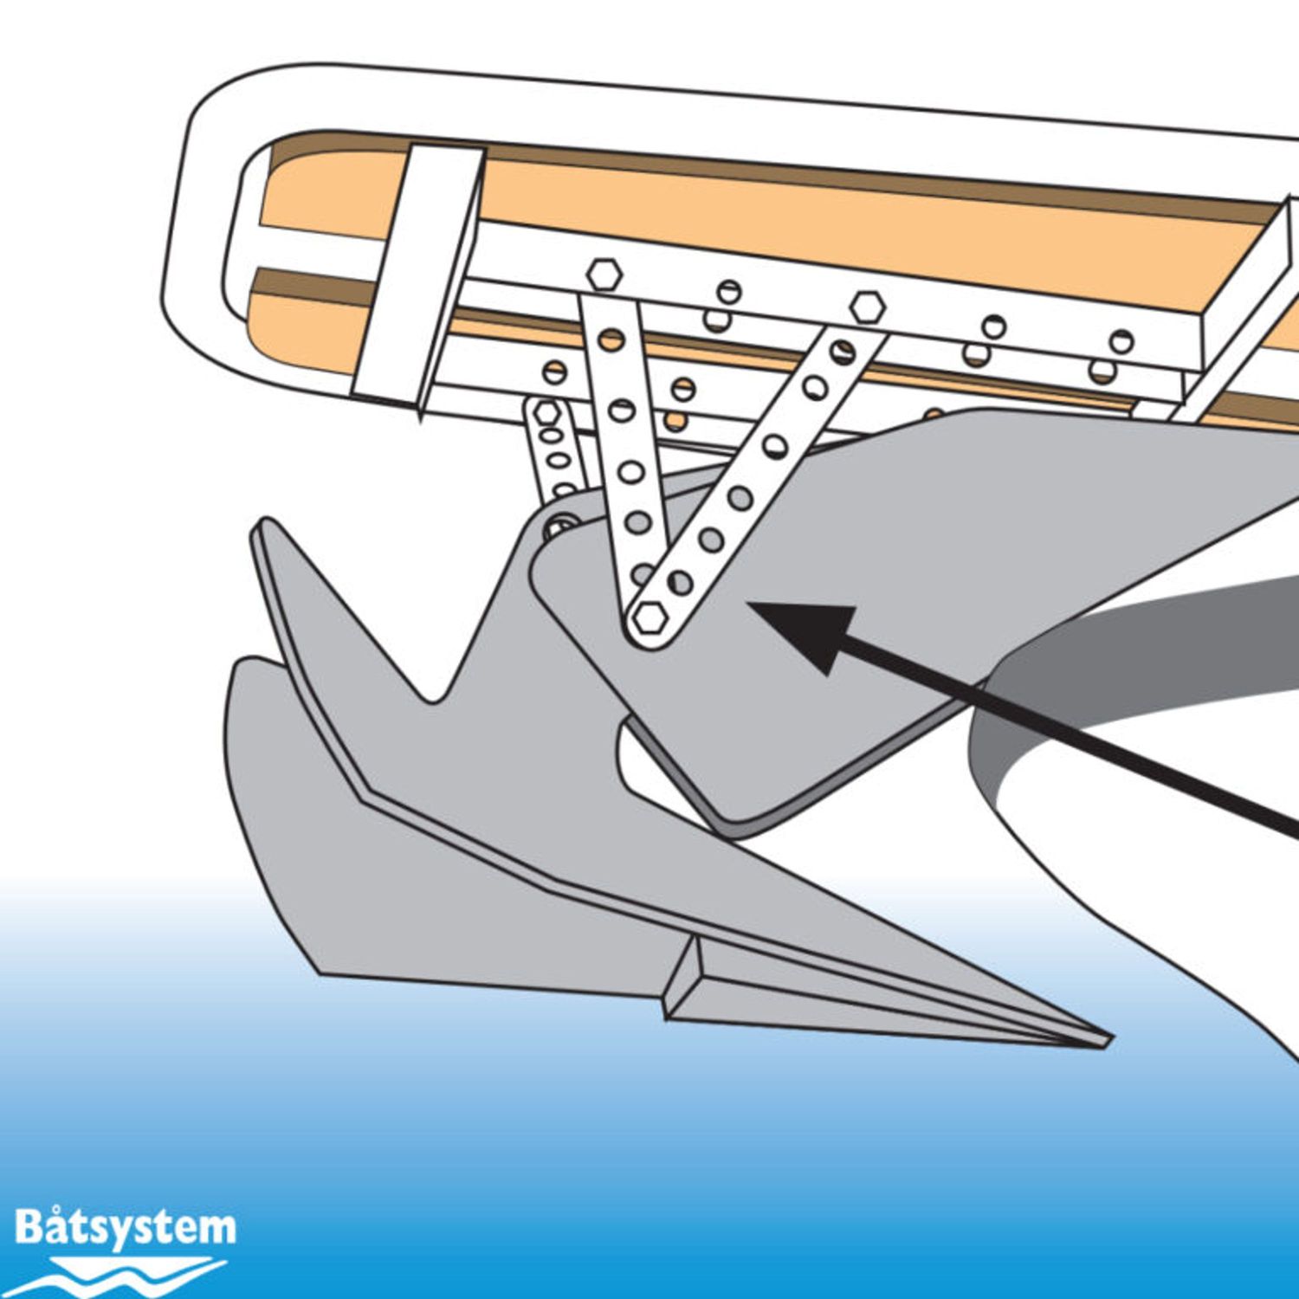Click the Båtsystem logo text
click(125, 1229)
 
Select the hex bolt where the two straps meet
click(649, 618)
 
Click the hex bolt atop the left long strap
click(604, 274)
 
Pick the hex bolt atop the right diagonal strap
click(867, 307)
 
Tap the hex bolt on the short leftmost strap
click(546, 411)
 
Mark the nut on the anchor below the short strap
click(560, 526)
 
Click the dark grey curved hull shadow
click(1126, 658)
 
